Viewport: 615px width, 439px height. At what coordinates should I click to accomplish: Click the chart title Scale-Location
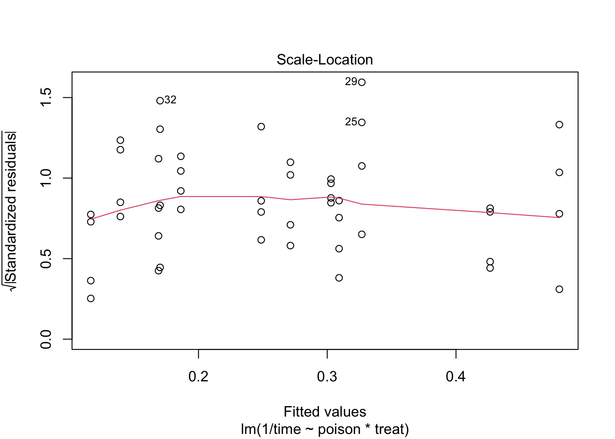click(324, 60)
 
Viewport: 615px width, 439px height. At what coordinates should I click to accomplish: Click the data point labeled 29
click(361, 82)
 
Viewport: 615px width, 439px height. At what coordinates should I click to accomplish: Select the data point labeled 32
click(160, 101)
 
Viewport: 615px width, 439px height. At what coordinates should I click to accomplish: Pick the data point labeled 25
click(361, 123)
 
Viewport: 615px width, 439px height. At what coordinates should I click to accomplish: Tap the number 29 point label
click(351, 82)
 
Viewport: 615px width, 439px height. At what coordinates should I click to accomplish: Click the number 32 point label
click(171, 100)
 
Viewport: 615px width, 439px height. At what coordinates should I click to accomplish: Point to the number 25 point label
click(351, 122)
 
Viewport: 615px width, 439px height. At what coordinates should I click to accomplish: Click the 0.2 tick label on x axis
click(198, 377)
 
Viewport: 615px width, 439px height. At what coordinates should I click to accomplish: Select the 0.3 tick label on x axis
click(327, 377)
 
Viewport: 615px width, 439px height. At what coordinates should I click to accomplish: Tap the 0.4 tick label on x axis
click(456, 377)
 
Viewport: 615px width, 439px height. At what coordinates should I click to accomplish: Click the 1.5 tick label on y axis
click(46, 97)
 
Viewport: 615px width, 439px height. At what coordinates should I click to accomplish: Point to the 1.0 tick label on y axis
click(46, 178)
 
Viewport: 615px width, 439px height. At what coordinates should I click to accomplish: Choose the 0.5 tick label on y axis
click(46, 258)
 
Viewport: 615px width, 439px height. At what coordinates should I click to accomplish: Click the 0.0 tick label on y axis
click(46, 339)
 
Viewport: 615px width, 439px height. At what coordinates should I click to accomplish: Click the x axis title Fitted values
click(324, 412)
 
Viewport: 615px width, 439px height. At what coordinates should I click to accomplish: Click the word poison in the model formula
click(339, 430)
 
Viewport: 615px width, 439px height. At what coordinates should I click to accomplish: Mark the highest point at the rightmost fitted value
click(559, 125)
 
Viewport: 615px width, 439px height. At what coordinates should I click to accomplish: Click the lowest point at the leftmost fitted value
click(91, 299)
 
